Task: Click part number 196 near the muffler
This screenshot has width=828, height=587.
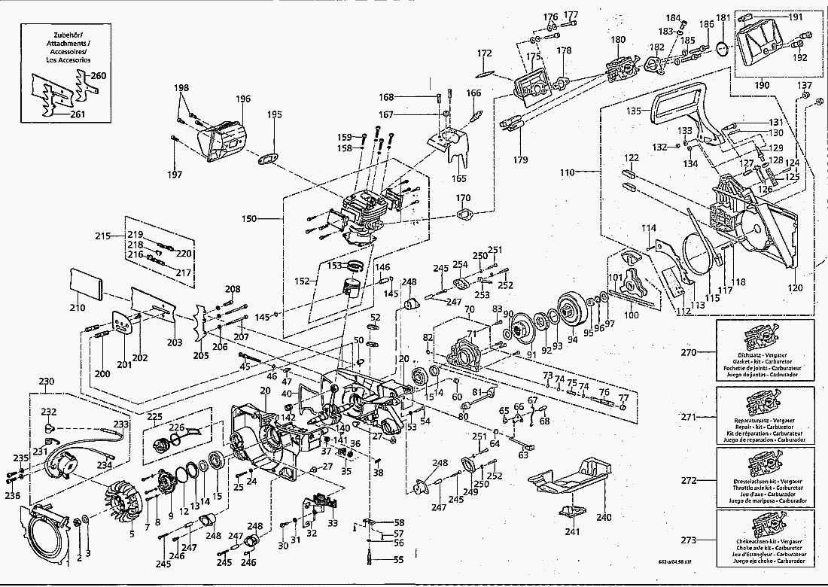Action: point(243,99)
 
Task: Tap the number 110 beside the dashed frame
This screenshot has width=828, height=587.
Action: point(566,172)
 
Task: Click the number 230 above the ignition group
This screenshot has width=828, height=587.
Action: point(47,382)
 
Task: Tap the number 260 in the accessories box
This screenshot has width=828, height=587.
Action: point(99,76)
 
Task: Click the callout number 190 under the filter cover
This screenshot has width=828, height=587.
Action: point(762,85)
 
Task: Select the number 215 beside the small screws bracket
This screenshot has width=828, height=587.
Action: point(103,236)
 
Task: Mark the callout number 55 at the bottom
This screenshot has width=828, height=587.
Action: point(399,559)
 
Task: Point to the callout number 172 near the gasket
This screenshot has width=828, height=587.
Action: point(484,53)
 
